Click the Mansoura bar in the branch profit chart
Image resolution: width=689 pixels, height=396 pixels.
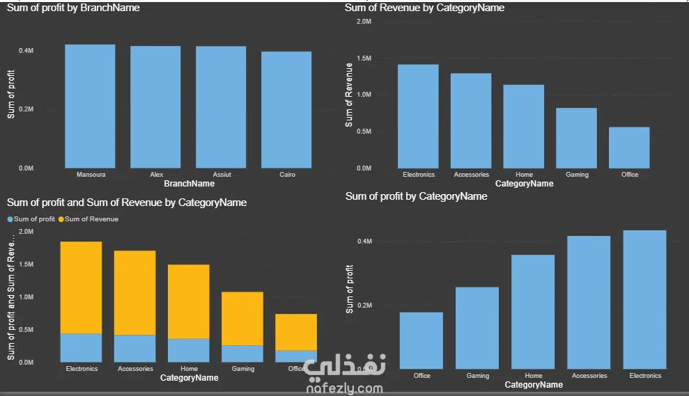pos(90,106)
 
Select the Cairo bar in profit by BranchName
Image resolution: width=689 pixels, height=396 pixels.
pos(286,110)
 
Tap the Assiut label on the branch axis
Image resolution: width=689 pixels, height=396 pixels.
pos(222,174)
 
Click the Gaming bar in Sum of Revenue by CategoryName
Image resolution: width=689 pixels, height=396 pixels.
pos(577,138)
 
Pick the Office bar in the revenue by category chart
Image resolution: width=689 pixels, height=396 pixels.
pos(629,148)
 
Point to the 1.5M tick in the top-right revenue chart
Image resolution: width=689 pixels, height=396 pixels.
pos(364,58)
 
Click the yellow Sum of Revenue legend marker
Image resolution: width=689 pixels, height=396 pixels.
pos(61,219)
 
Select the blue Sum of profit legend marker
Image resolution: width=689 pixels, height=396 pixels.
pos(10,219)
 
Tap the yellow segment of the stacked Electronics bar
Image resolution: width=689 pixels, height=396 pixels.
pos(82,287)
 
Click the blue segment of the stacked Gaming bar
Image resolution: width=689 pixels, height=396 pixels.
pos(242,354)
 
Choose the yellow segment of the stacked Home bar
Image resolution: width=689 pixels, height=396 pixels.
pos(189,301)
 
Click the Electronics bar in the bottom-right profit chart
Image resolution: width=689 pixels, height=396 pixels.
pos(644,299)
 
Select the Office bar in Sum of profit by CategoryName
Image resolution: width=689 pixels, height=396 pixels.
pos(421,341)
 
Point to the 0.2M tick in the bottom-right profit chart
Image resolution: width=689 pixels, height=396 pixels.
pos(365,305)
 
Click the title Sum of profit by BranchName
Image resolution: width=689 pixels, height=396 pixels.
pos(73,8)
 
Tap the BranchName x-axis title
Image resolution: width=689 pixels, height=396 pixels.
pos(189,184)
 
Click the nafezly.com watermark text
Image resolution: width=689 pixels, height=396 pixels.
pos(344,388)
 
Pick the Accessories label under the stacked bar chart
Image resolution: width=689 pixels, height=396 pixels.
pos(135,369)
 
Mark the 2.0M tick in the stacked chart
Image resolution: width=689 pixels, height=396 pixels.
pos(26,231)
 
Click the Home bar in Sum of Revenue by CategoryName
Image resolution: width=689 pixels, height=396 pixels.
pos(524,127)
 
